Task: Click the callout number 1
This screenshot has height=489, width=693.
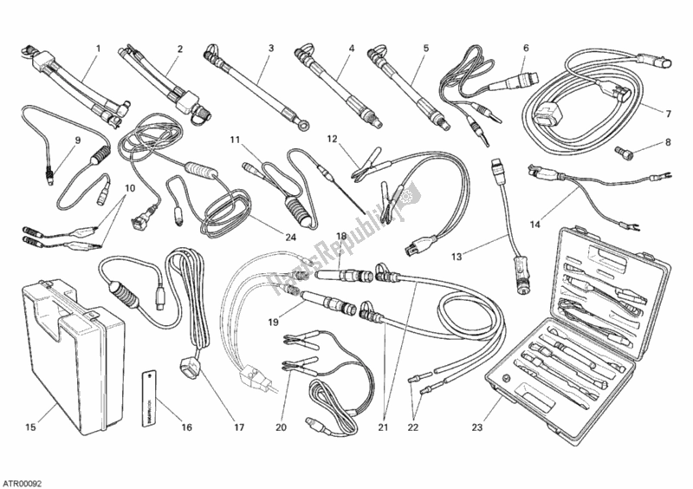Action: (98, 49)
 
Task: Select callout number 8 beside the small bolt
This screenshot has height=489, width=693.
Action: (667, 142)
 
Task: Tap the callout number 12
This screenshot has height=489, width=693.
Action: (333, 140)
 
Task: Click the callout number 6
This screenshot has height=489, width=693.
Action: (526, 49)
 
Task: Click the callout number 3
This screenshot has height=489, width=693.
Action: (271, 49)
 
